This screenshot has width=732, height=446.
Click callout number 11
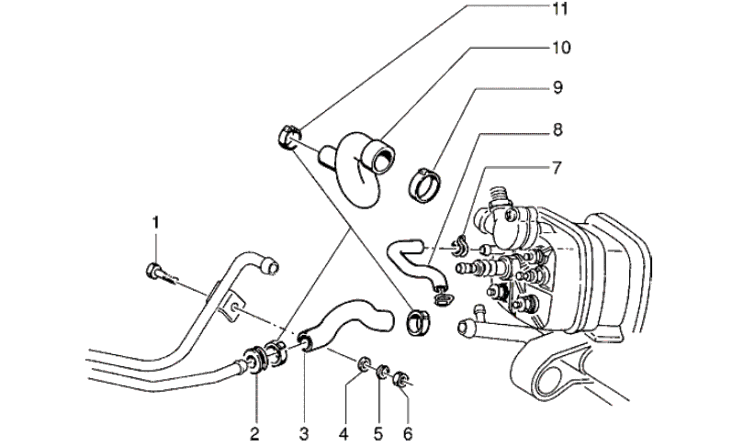(x=560, y=10)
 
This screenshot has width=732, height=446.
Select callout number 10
(x=561, y=48)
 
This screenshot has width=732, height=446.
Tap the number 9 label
(x=557, y=87)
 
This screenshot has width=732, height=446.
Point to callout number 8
(x=557, y=130)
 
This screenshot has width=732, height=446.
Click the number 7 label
(x=556, y=168)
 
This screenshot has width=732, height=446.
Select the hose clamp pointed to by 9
(x=424, y=184)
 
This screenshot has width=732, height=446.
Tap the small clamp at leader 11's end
(x=289, y=137)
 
